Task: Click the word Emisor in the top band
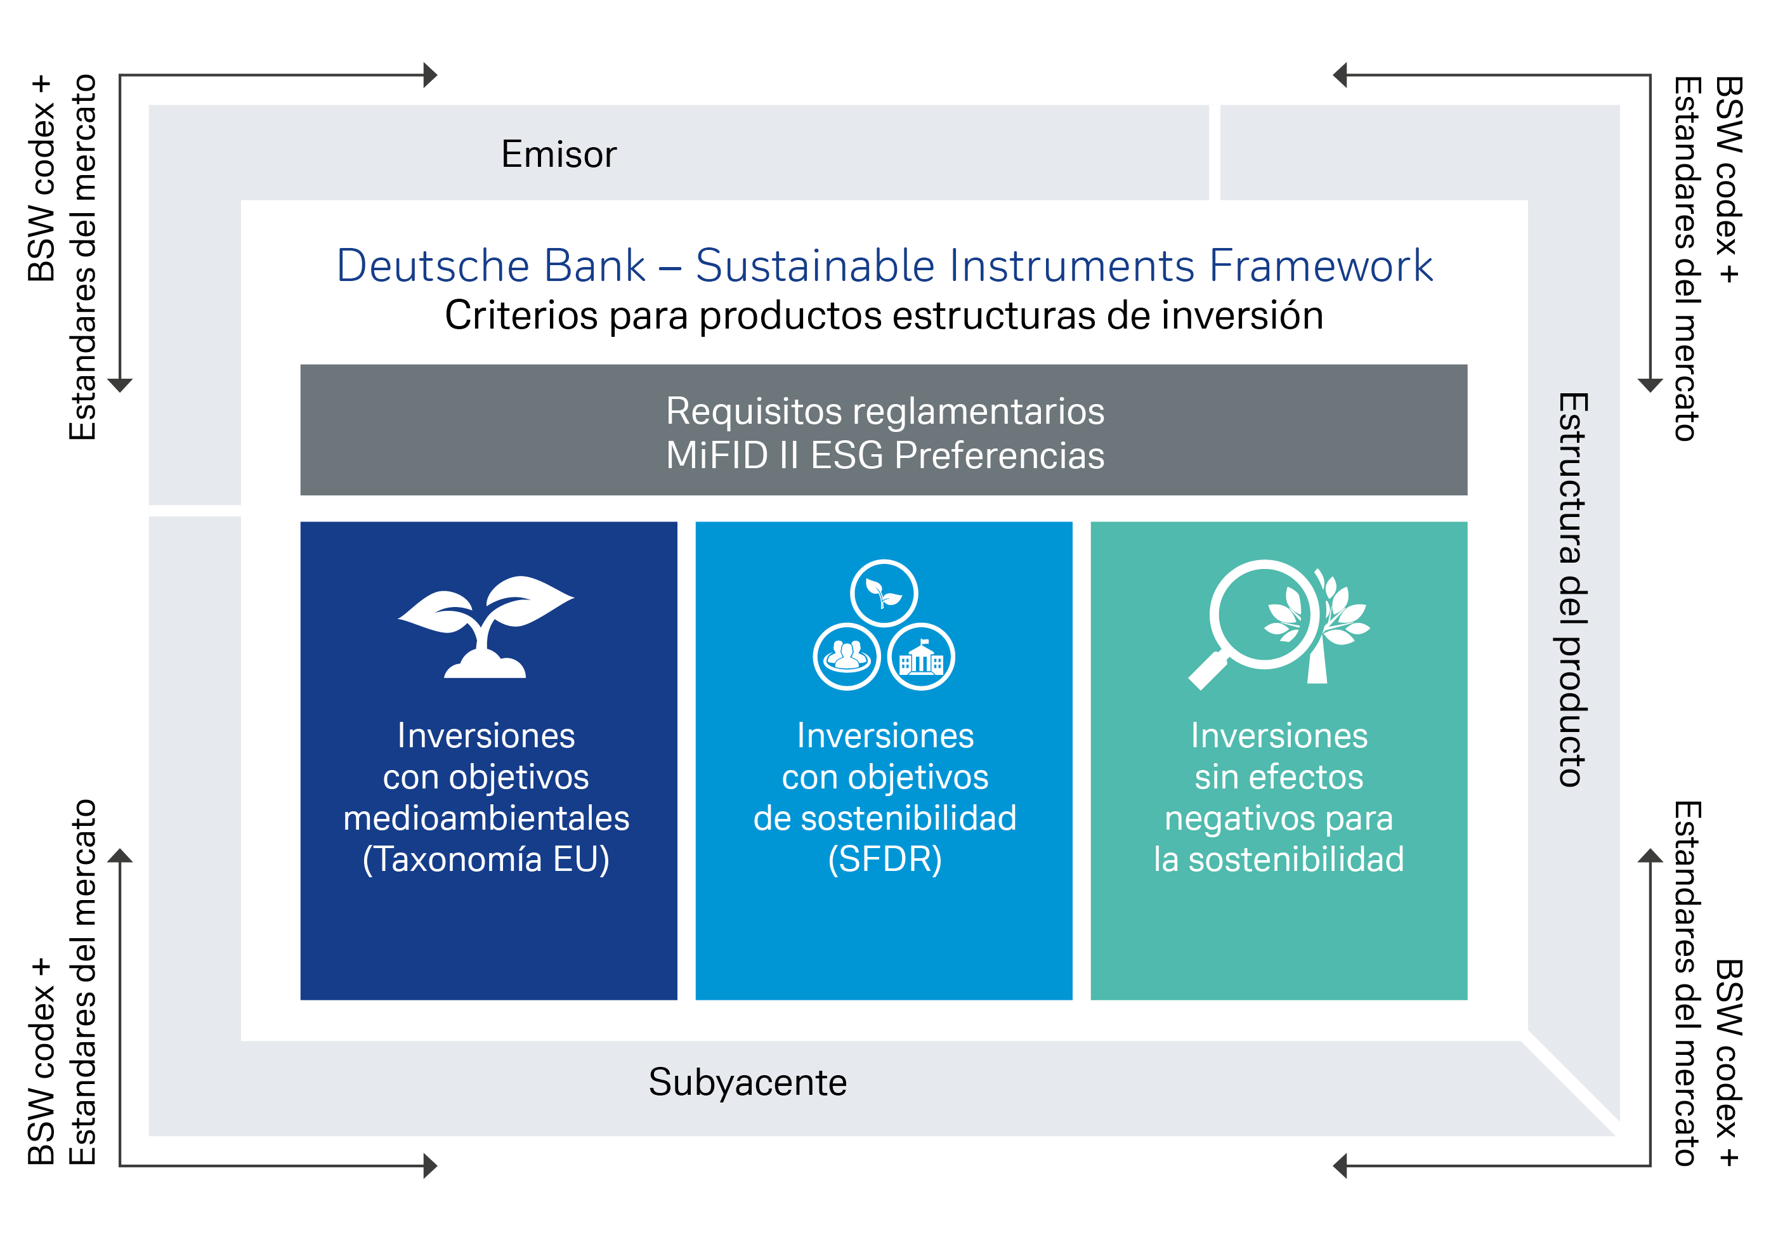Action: [x=558, y=154]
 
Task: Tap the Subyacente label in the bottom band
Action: [x=747, y=1082]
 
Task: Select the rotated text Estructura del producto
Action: [x=1572, y=589]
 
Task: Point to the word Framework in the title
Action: [x=1320, y=266]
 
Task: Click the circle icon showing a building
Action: [x=921, y=657]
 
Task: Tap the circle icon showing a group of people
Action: [x=846, y=657]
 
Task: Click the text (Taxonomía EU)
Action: [x=486, y=860]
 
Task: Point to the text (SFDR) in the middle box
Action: [x=884, y=860]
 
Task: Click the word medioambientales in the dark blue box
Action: [x=486, y=818]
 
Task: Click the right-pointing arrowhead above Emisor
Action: [x=431, y=75]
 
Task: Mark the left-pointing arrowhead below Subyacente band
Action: [x=1340, y=1166]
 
